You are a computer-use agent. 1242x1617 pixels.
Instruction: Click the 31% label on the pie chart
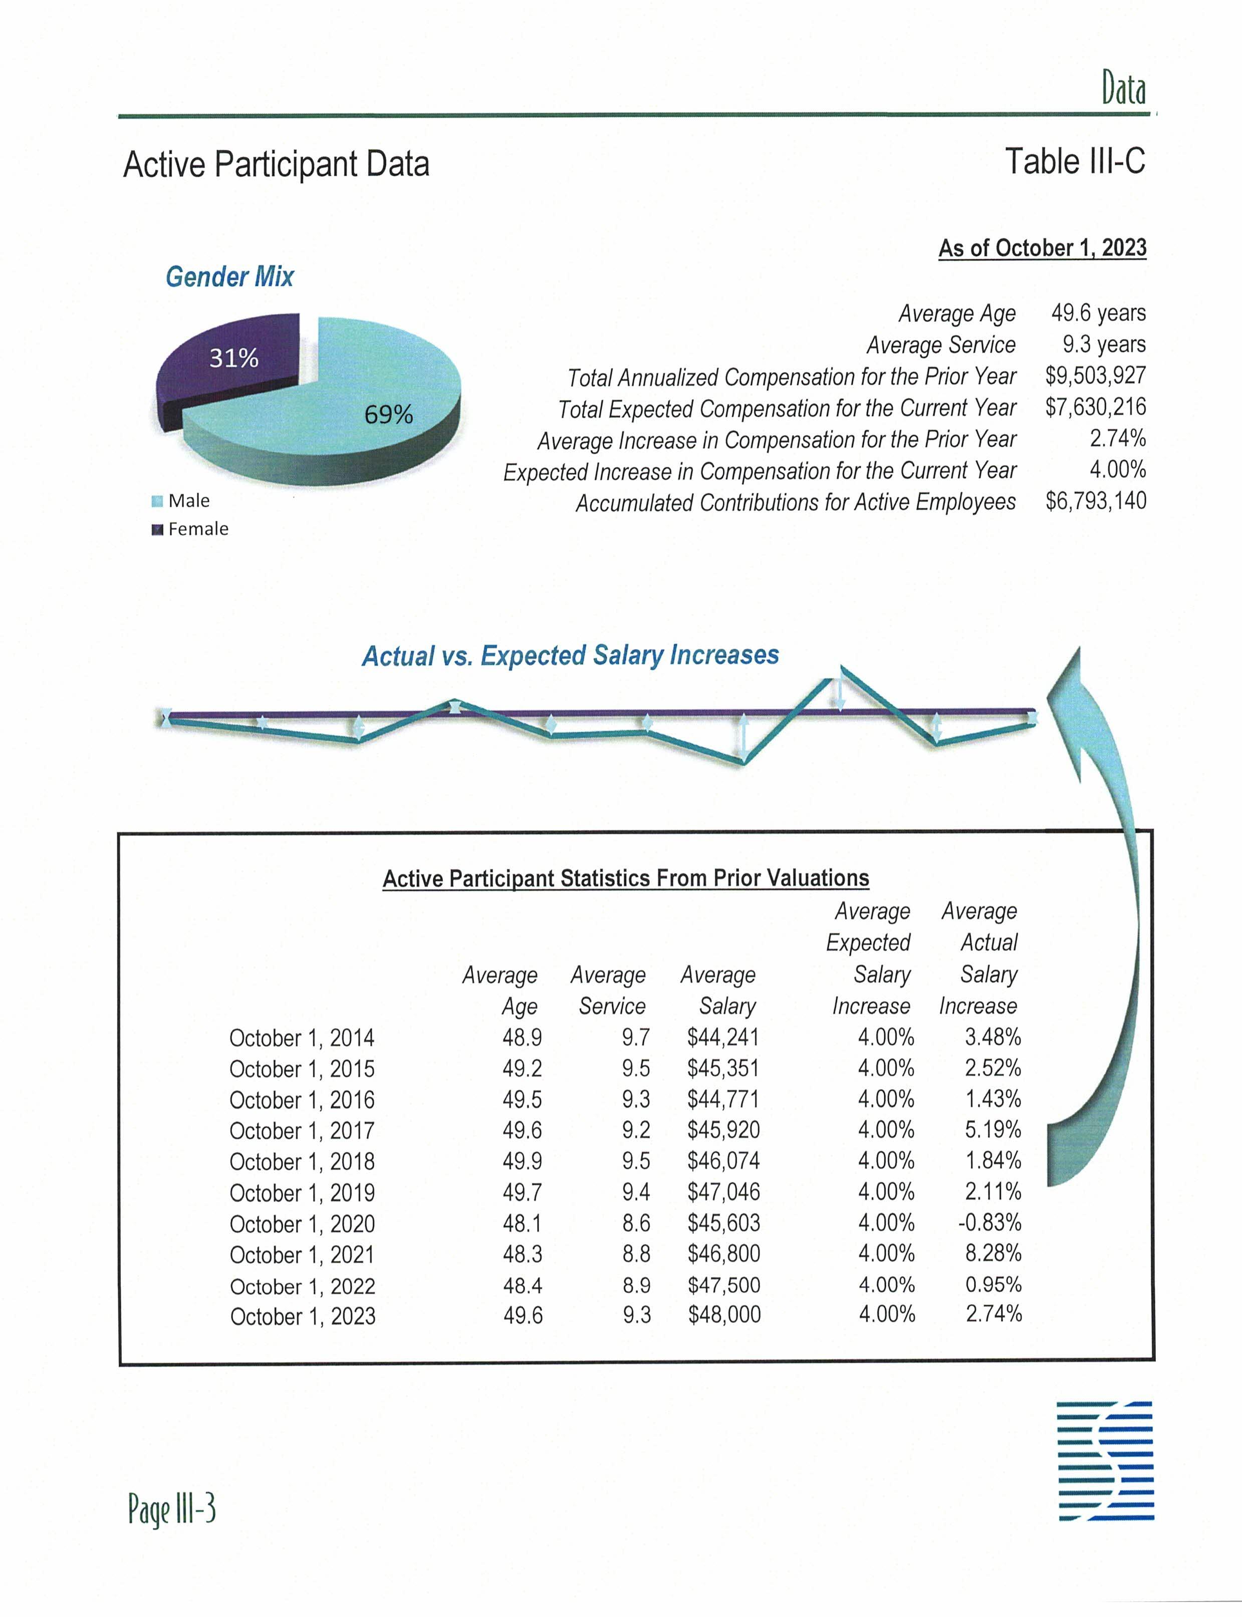233,359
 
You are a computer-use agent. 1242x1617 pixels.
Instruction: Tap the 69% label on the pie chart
388,415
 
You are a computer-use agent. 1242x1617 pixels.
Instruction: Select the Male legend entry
188,501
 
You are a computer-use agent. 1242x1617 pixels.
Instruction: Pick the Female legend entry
197,529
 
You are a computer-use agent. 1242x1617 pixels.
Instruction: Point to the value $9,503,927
1095,376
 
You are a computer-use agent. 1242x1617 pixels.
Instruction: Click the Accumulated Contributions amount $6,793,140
1095,501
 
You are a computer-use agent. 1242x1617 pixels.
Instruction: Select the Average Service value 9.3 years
1104,345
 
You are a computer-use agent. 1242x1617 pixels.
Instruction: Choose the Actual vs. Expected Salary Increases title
570,656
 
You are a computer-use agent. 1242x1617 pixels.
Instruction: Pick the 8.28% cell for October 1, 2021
993,1253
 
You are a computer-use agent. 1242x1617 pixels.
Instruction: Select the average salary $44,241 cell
722,1038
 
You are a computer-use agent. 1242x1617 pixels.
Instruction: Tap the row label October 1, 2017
302,1131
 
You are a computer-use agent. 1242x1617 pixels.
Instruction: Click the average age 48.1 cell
522,1223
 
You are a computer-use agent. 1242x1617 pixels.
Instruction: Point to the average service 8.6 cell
636,1223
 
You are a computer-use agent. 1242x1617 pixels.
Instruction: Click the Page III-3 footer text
171,1510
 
